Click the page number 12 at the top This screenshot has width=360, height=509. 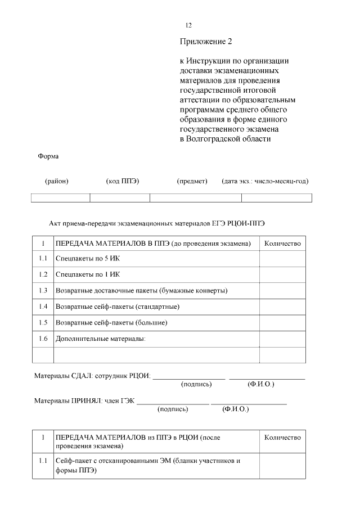[189, 25]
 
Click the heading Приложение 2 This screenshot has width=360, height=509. [206, 42]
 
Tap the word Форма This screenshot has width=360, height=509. [48, 156]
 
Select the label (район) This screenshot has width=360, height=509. [57, 181]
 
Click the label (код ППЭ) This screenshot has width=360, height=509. [122, 181]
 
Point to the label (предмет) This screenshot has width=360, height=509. [192, 181]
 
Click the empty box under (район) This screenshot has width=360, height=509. [60, 197]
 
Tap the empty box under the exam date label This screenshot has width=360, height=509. [276, 197]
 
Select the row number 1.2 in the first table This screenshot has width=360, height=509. [43, 274]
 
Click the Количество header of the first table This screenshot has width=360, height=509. [282, 244]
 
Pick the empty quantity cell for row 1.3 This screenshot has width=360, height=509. [282, 290]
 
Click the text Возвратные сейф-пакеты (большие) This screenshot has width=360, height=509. [111, 323]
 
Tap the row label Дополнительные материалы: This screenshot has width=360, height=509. [101, 339]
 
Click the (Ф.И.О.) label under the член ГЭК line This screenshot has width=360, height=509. [236, 409]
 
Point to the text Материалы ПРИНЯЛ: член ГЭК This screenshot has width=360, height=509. [84, 401]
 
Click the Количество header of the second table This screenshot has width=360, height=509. [282, 438]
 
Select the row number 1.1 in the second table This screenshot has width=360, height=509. [43, 461]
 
